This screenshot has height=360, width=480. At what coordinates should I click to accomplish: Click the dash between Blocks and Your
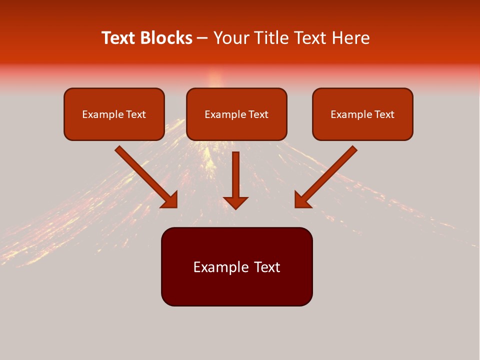[x=202, y=38]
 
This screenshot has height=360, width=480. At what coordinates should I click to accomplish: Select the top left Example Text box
[x=114, y=114]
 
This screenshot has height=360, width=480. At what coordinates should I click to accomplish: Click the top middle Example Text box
[x=236, y=114]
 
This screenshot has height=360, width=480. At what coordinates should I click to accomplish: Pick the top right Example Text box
[x=362, y=114]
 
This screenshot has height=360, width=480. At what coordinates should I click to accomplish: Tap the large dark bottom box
[x=236, y=266]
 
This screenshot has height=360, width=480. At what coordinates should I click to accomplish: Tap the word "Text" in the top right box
[x=384, y=114]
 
